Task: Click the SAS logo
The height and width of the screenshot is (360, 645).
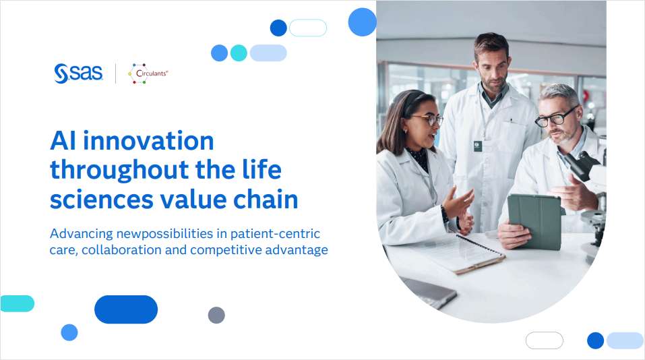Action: pos(78,73)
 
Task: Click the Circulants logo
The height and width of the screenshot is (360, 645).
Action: pos(148,73)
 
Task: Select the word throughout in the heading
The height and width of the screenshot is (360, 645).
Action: pos(124,170)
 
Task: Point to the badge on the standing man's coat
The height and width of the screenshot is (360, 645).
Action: pos(477,146)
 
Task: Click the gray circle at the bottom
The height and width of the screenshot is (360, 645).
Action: pos(216,315)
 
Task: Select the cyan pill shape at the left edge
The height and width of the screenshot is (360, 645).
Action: pos(17,303)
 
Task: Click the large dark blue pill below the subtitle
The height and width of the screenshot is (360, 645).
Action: pos(126,309)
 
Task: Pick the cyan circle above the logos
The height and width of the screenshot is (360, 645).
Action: pos(239,53)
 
